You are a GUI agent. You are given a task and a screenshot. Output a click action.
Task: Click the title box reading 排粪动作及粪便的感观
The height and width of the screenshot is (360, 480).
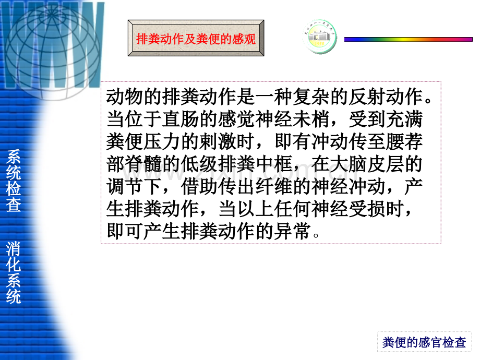pyautogui.click(x=196, y=39)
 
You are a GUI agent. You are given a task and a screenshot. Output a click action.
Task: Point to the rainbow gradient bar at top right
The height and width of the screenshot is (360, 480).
pyautogui.click(x=408, y=39)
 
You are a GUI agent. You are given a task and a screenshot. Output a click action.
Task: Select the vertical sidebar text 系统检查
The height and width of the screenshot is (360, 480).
pyautogui.click(x=14, y=180)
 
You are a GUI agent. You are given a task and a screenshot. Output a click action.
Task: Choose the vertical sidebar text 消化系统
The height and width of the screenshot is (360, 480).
pyautogui.click(x=14, y=272)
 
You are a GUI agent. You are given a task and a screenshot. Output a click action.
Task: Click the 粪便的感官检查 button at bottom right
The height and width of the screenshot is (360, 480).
pyautogui.click(x=424, y=342)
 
